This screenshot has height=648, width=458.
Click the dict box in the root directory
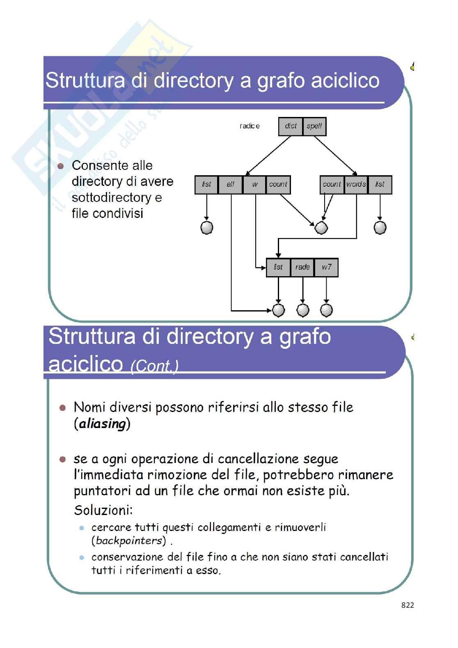pos(291,126)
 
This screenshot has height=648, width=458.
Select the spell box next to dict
pos(314,126)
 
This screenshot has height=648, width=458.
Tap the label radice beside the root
pos(250,126)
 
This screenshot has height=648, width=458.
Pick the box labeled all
pos(231,185)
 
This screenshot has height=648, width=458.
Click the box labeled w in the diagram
pos(255,185)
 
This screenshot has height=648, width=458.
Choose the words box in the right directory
pos(356,185)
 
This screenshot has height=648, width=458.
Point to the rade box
pos(302,267)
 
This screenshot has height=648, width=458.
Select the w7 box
pos(326,267)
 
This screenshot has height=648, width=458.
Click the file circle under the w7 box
pos(326,310)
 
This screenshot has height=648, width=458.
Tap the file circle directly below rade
pos(302,310)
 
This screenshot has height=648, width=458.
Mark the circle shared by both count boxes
pos(321,227)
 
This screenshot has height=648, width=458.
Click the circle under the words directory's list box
pos(380,227)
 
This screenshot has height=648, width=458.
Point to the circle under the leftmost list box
pos(206,227)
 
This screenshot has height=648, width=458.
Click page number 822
pos(408,605)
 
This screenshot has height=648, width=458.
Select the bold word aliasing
pos(102,424)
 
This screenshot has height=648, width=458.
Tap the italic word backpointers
pos(128,540)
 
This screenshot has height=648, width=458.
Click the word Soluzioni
pos(103,511)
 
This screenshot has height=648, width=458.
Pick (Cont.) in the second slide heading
pos(154,366)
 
